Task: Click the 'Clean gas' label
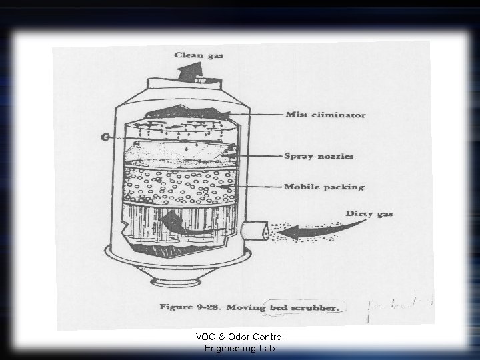pyautogui.click(x=200, y=55)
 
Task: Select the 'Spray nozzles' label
pyautogui.click(x=319, y=156)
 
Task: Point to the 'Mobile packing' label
pyautogui.click(x=325, y=187)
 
